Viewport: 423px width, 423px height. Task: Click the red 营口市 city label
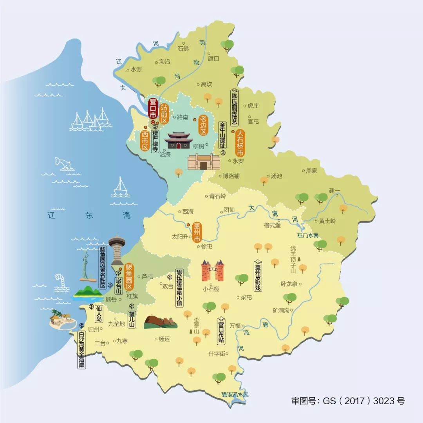pyautogui.click(x=153, y=108)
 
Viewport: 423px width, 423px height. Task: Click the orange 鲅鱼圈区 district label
pyautogui.click(x=129, y=277)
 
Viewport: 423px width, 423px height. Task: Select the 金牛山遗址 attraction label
pyautogui.click(x=222, y=136)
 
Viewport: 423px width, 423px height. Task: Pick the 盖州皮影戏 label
pyautogui.click(x=258, y=276)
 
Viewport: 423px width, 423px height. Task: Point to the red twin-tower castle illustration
pyautogui.click(x=212, y=271)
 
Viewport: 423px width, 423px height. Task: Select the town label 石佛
pyautogui.click(x=183, y=49)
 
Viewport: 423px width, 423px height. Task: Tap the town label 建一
pyautogui.click(x=334, y=191)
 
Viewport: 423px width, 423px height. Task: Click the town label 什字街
pyautogui.click(x=218, y=353)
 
